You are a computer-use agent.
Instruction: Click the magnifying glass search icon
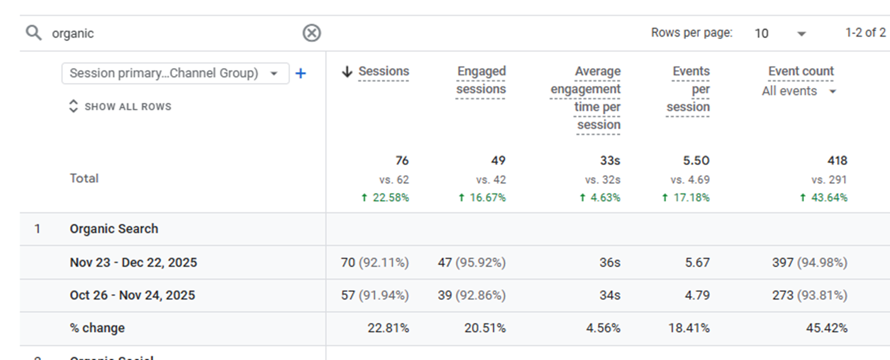(34, 33)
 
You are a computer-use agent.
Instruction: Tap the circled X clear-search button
(312, 33)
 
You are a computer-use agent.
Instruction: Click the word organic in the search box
(73, 33)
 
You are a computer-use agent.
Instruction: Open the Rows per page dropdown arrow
(801, 34)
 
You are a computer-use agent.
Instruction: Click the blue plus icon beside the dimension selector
(301, 74)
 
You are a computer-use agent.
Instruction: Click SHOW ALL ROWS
(127, 106)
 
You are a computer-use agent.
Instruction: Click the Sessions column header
(384, 71)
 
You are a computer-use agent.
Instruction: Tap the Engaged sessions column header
(481, 80)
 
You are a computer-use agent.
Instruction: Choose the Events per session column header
(689, 89)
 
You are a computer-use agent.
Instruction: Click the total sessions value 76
(402, 160)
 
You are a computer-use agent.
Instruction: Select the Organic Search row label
(114, 229)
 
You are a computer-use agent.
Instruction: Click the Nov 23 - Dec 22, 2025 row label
(133, 262)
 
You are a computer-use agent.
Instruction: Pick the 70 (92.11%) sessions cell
(375, 262)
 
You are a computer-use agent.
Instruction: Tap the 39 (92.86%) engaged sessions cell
(471, 295)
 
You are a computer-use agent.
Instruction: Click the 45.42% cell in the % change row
(826, 328)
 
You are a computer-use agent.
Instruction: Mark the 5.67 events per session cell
(697, 262)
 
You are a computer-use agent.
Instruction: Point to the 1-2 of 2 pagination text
(865, 32)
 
